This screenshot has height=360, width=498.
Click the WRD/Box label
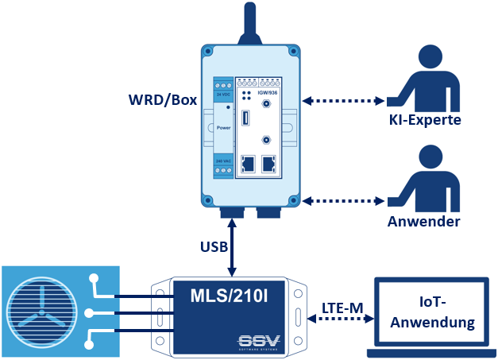click(x=162, y=101)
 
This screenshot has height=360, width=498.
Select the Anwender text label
click(x=423, y=222)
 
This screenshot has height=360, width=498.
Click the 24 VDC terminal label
click(x=223, y=94)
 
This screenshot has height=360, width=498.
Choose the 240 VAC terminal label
click(x=223, y=161)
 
